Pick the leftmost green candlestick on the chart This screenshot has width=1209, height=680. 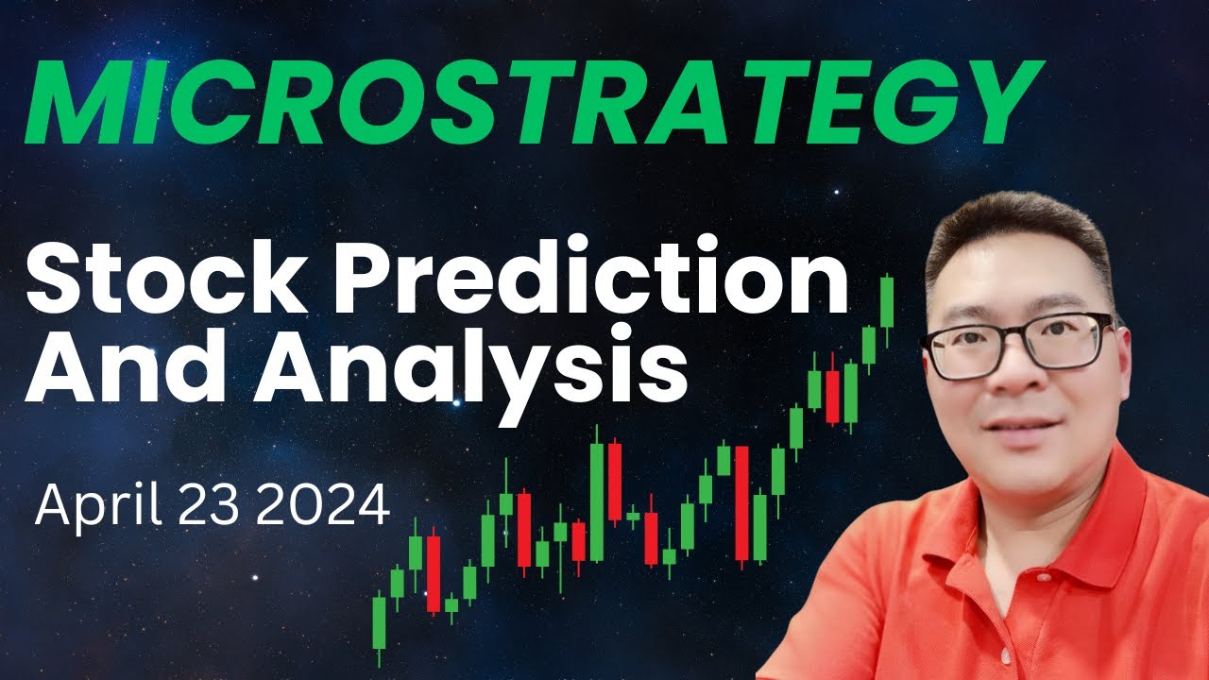click(380, 619)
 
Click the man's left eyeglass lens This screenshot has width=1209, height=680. click(1072, 341)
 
